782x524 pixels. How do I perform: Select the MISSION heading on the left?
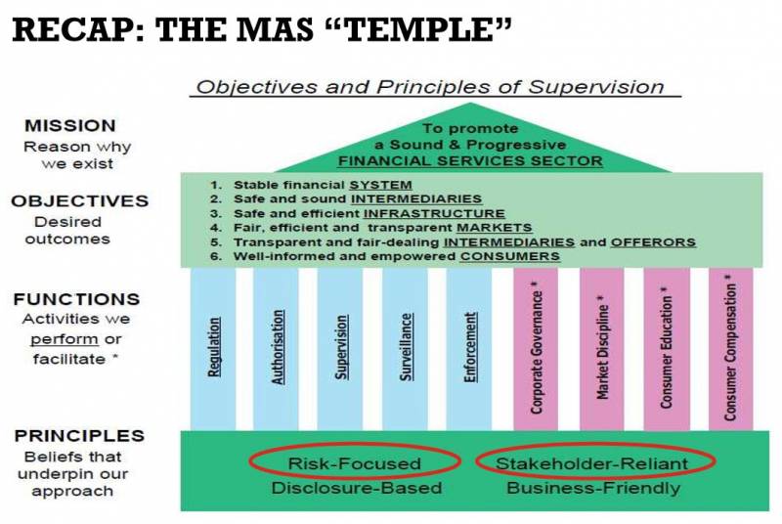click(x=69, y=126)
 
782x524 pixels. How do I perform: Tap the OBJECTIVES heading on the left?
click(x=79, y=200)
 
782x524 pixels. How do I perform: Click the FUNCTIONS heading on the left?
click(x=76, y=299)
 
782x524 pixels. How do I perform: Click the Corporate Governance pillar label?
click(x=537, y=350)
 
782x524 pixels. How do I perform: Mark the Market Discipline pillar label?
click(x=602, y=350)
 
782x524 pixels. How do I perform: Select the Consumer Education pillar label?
click(x=667, y=350)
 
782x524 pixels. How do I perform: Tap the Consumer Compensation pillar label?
click(x=730, y=350)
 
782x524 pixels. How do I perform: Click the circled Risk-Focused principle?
click(x=354, y=463)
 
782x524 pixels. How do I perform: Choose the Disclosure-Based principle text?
click(x=354, y=487)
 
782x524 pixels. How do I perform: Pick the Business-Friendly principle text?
click(x=592, y=487)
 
